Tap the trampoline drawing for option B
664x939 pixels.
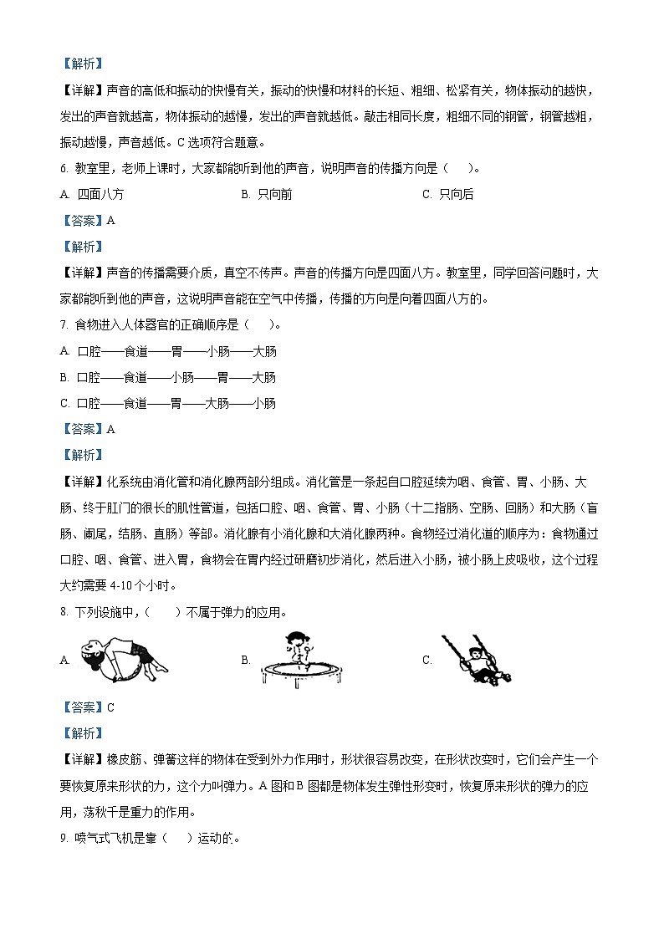tap(296, 658)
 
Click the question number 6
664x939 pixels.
tap(64, 168)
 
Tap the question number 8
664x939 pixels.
tap(64, 613)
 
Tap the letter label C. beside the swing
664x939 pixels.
tap(427, 660)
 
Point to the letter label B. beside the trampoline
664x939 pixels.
tap(246, 660)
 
